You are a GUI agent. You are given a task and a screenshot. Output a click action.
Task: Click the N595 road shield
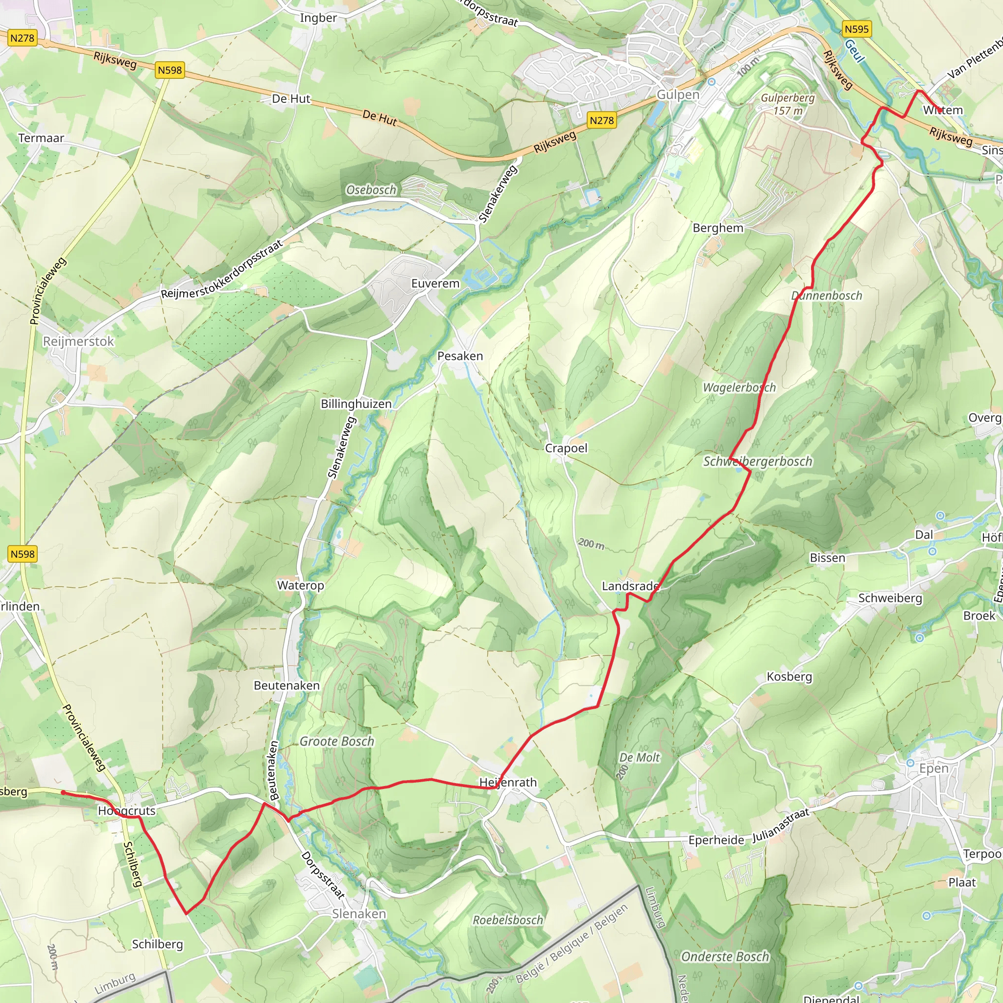[856, 29]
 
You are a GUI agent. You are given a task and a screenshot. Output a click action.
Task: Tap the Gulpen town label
[678, 95]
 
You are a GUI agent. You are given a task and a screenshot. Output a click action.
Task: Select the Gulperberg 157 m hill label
[788, 104]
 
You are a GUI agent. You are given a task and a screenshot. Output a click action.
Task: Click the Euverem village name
[435, 284]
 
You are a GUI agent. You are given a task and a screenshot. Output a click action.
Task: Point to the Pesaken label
[460, 356]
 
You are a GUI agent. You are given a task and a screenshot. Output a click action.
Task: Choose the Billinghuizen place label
[356, 404]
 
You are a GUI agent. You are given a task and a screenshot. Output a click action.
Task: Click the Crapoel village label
[566, 448]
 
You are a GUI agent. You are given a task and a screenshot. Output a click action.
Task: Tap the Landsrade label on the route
[630, 586]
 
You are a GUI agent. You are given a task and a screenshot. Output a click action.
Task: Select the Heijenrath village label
[508, 782]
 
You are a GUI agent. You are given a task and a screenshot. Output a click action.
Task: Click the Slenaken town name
[358, 914]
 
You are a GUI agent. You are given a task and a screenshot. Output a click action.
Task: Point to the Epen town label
[933, 768]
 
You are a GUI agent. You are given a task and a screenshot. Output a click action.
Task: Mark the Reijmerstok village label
[78, 342]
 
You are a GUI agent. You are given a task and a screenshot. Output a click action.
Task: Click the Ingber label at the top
[318, 18]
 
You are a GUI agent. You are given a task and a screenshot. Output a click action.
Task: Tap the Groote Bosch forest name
[337, 741]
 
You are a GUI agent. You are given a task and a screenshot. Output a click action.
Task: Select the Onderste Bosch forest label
[725, 957]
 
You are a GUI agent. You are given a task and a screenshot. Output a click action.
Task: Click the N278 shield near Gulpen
[602, 120]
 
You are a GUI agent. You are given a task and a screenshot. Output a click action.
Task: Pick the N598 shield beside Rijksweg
[170, 70]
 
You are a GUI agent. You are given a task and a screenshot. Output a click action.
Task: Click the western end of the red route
[63, 792]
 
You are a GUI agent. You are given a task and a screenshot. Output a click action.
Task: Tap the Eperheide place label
[716, 840]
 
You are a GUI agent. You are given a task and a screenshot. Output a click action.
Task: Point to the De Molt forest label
[639, 758]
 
